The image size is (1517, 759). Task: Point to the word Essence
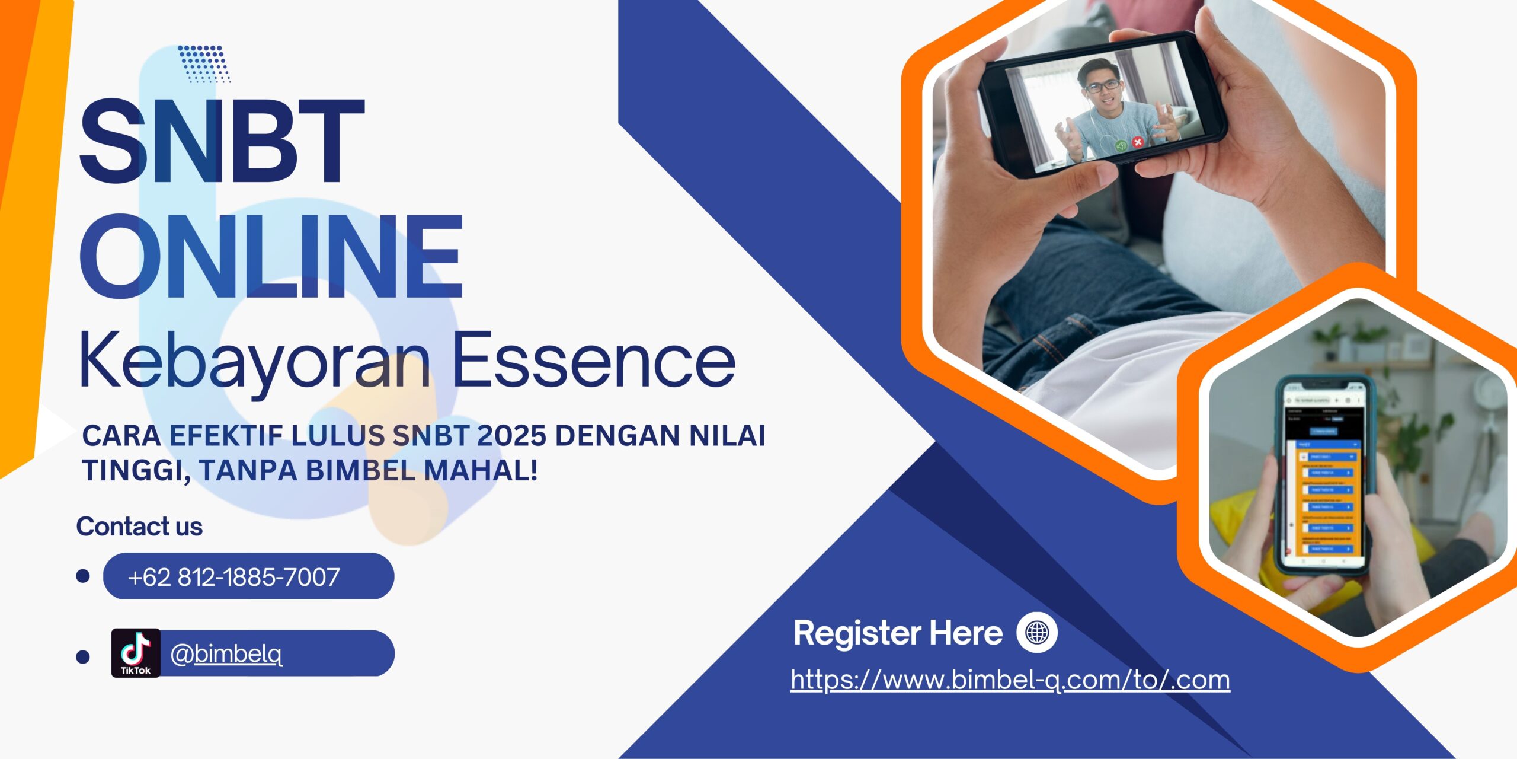pos(594,361)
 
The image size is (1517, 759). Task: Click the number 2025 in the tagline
pos(511,436)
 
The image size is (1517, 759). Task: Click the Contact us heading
pos(139,527)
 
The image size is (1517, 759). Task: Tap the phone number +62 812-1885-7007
pos(233,577)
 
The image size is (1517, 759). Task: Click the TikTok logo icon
pos(136,653)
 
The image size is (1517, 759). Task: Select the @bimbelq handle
pos(226,654)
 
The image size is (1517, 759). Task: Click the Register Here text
pos(897,633)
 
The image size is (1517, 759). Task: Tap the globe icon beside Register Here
pos(1037,633)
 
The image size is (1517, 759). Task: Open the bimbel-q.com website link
pos(1010,680)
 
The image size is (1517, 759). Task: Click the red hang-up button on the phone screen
pos(1137,142)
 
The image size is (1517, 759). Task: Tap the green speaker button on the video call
pos(1121,145)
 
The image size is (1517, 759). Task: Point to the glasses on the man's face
pos(1102,86)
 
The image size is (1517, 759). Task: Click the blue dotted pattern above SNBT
pos(204,63)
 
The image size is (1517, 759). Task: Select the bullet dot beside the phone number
pos(83,576)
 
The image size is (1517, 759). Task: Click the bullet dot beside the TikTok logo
pos(83,656)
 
